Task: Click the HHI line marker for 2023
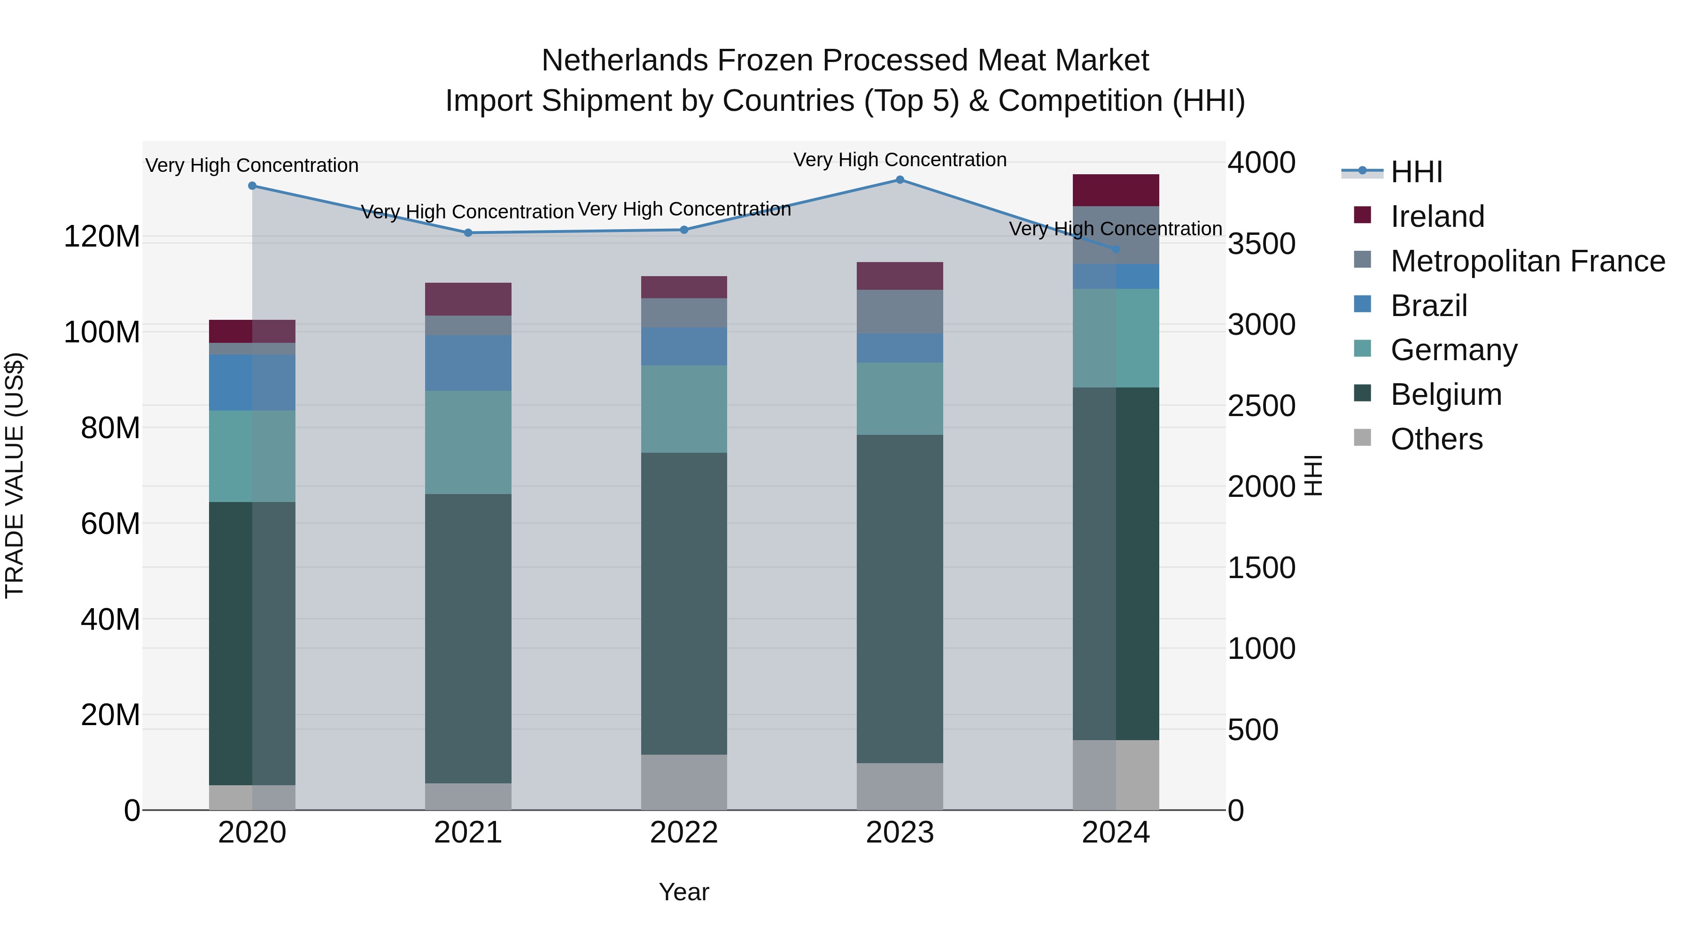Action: [x=900, y=180]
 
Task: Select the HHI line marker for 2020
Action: [x=252, y=186]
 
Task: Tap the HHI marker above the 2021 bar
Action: [x=468, y=233]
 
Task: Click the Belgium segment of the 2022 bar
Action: [x=684, y=604]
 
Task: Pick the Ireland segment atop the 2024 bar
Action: [x=1116, y=190]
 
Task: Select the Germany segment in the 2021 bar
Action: [x=468, y=442]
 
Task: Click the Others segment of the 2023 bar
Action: [x=900, y=786]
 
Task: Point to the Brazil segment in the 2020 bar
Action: [x=252, y=383]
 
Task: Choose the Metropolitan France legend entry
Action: [x=1528, y=261]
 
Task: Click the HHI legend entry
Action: [x=1417, y=172]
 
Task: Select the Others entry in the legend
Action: [x=1436, y=439]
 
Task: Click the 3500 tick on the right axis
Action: [x=1261, y=244]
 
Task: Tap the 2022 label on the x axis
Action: [x=684, y=833]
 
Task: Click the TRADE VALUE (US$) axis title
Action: [x=15, y=475]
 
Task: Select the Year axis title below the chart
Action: [x=684, y=892]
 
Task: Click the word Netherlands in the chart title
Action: [x=624, y=61]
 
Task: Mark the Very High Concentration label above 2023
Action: [x=900, y=160]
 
